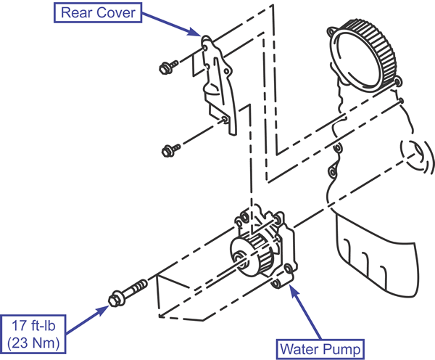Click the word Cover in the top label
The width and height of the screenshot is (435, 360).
[x=116, y=13]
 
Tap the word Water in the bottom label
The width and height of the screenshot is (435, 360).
[x=299, y=349]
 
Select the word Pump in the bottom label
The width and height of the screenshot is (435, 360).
[x=341, y=349]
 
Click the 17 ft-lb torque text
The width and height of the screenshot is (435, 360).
[x=33, y=325]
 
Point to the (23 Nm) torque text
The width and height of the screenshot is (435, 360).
[x=33, y=343]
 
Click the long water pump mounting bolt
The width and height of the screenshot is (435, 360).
[x=128, y=293]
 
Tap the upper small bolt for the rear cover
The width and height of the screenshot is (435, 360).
[x=169, y=67]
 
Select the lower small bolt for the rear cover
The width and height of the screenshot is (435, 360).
[x=171, y=150]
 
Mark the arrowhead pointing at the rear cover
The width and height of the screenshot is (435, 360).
[x=195, y=32]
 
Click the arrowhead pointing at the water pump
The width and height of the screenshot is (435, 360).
[x=294, y=290]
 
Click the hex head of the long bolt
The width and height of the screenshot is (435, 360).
[x=115, y=299]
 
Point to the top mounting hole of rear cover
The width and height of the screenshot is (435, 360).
[x=205, y=49]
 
